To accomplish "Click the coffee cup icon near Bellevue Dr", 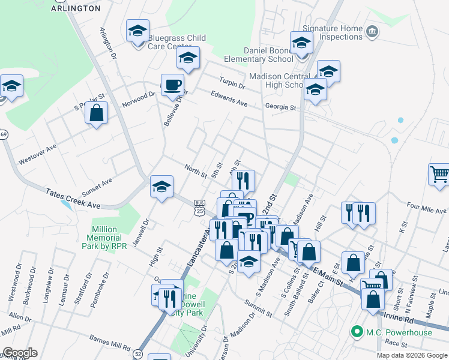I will tap(173, 86).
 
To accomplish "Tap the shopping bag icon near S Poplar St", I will tap(96, 113).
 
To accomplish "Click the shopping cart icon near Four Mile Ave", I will tap(439, 175).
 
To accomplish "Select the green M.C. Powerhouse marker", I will tap(356, 331).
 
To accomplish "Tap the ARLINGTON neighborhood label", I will tap(76, 8).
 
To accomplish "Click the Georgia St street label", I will tap(281, 107).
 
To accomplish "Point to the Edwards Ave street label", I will tap(229, 98).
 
